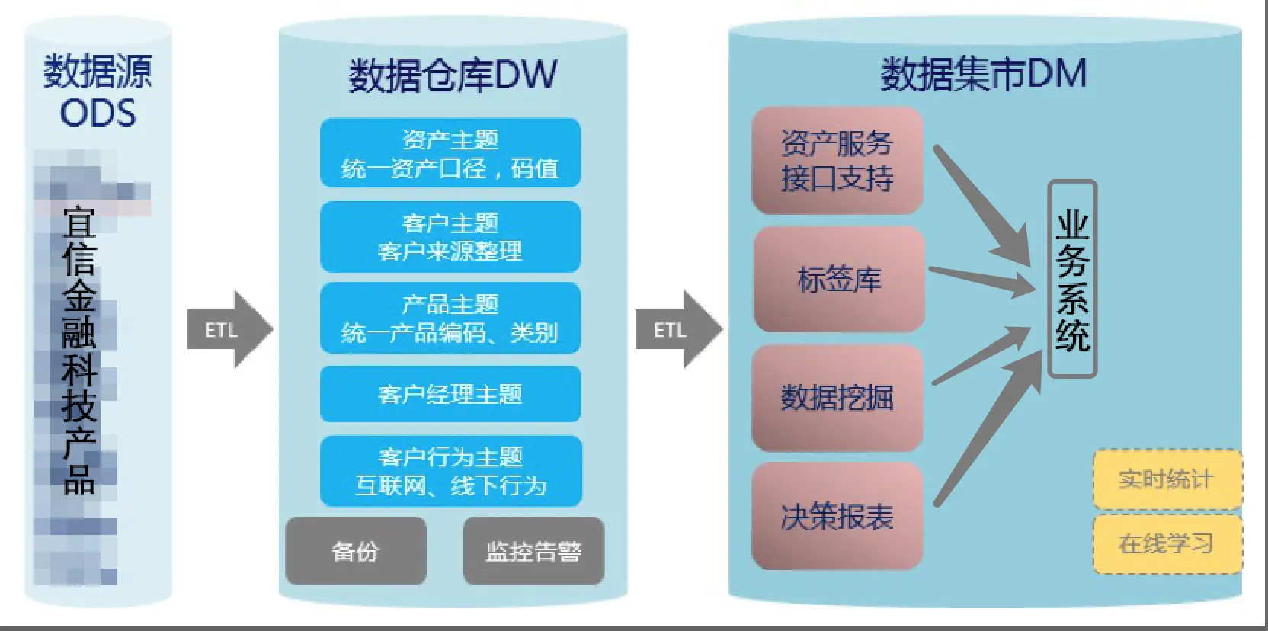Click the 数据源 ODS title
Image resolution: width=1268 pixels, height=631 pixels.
[98, 91]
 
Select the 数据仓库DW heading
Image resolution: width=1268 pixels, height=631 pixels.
[453, 75]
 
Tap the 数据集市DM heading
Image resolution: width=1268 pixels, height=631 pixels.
[983, 74]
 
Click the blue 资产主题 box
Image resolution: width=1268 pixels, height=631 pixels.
[450, 153]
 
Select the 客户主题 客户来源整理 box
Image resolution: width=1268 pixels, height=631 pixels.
[450, 237]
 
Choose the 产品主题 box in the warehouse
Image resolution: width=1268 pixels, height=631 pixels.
[450, 319]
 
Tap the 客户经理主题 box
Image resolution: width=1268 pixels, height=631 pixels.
[450, 394]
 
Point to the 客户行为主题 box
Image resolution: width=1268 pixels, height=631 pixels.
[450, 471]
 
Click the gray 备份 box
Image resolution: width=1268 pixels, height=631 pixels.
[356, 550]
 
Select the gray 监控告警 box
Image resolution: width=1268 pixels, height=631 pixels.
[533, 550]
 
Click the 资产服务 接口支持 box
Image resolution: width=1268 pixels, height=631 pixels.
[837, 161]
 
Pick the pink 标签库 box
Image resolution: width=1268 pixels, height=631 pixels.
[839, 279]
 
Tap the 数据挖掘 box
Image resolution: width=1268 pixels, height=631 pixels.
[837, 397]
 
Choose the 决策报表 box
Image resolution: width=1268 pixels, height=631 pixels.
[837, 516]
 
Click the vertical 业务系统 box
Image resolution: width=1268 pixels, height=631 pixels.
[1072, 279]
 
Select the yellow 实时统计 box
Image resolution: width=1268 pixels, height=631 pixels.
[1167, 479]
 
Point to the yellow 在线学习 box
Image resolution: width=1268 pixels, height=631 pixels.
[1167, 543]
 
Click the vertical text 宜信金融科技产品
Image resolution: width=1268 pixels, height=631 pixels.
[79, 351]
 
